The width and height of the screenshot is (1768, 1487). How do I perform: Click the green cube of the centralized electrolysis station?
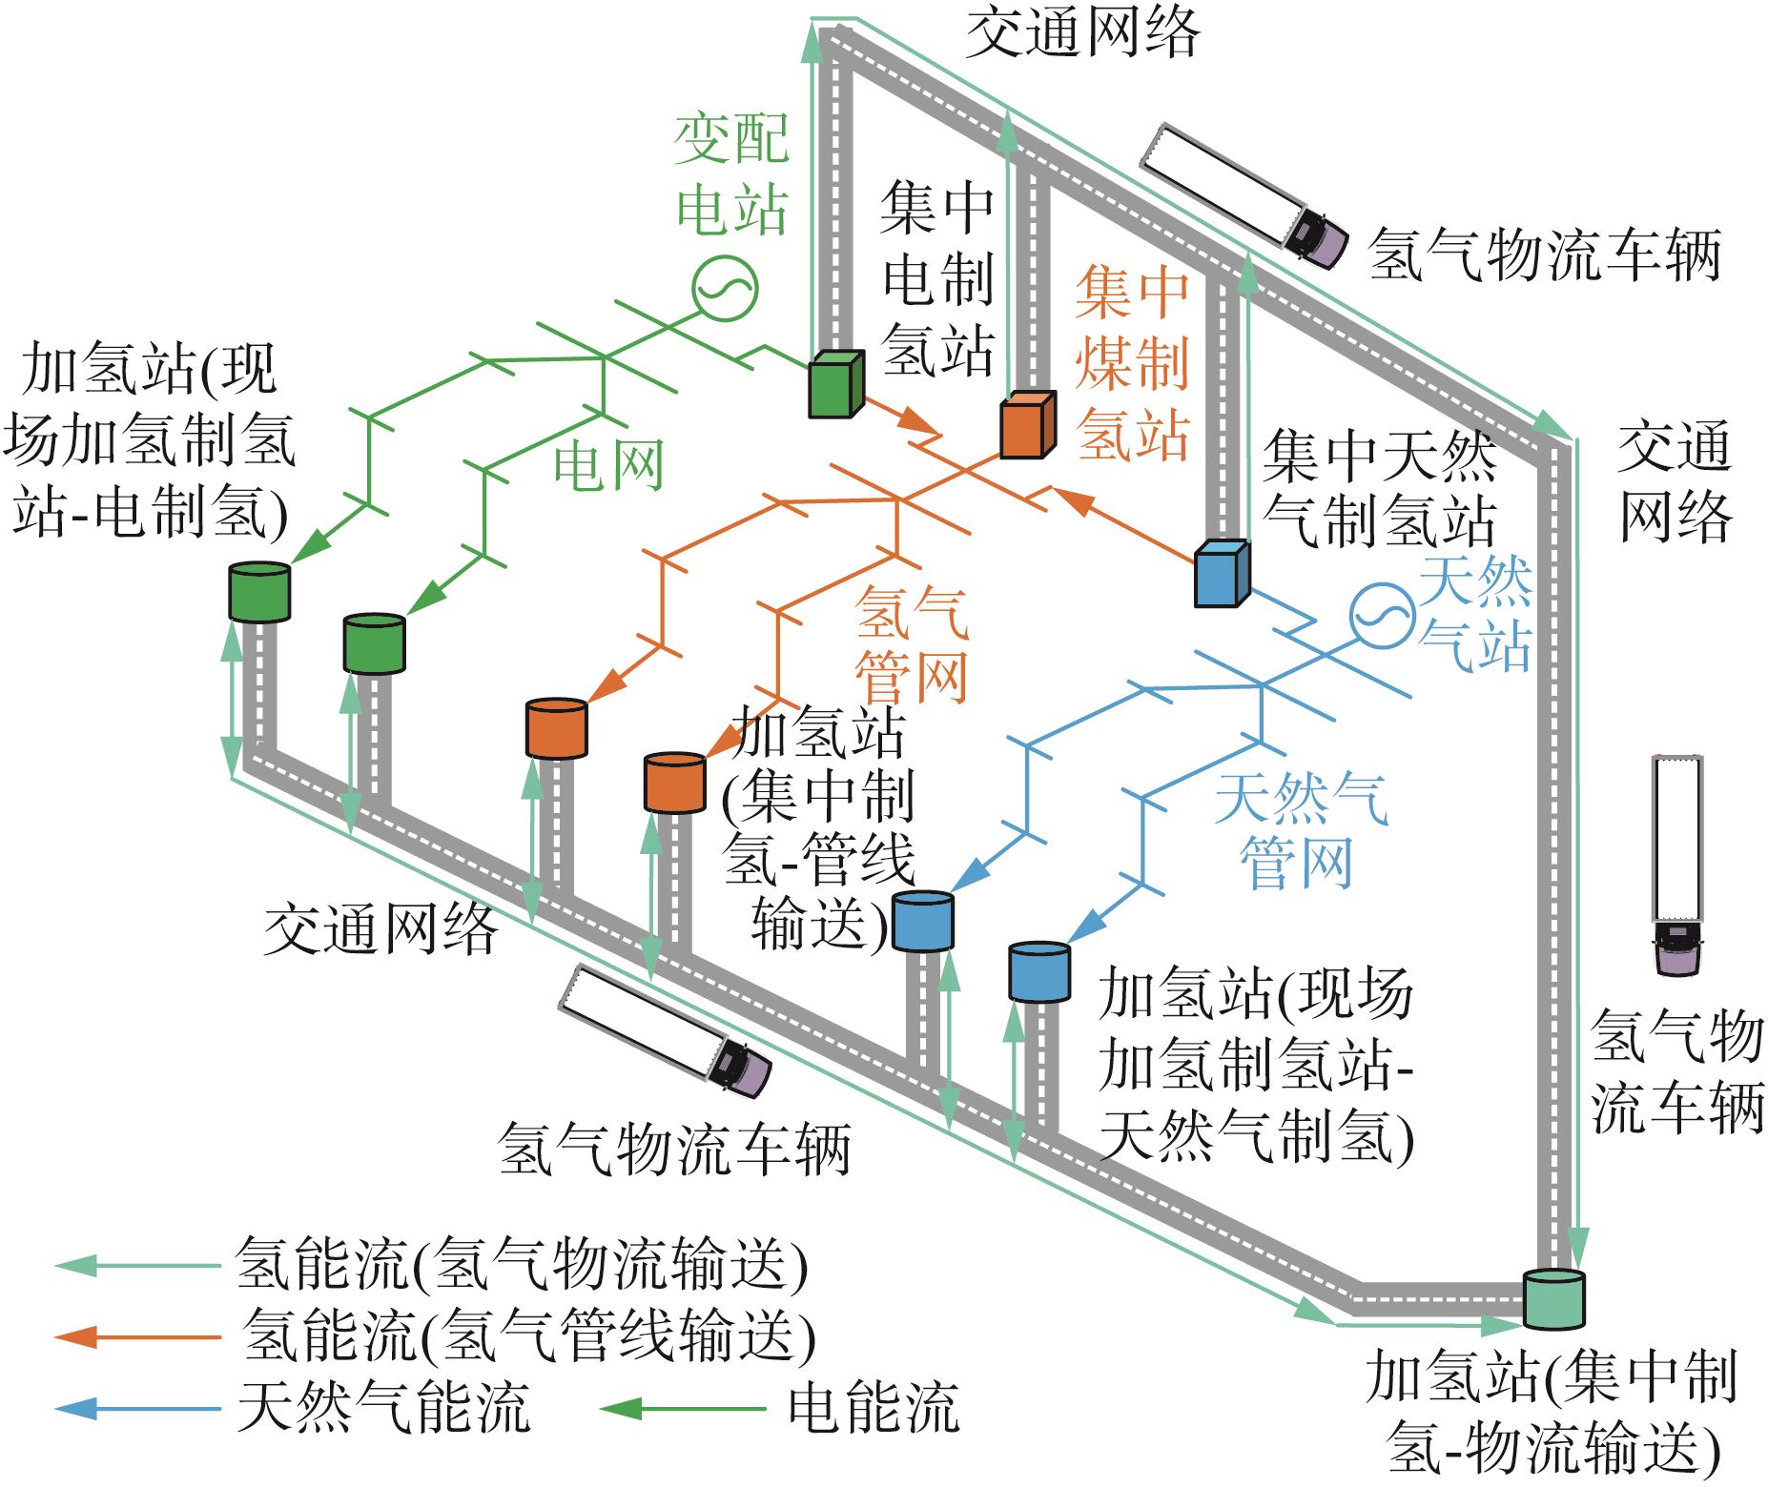[836, 384]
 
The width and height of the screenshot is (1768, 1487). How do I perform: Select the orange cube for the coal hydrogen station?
[1028, 425]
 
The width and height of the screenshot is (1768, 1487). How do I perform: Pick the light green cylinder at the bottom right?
[1553, 1299]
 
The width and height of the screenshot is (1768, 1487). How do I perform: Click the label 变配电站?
[732, 175]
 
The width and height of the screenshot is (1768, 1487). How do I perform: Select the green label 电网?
[608, 467]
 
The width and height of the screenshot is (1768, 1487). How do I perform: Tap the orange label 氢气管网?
[912, 644]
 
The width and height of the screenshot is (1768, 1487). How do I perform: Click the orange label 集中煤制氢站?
[1132, 363]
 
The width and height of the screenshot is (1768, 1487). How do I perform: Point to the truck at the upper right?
[1244, 197]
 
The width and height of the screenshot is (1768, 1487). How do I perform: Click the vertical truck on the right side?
[1677, 865]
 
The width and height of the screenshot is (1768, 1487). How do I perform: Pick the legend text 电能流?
[874, 1408]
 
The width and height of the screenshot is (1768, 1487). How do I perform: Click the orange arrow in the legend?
[138, 1336]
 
